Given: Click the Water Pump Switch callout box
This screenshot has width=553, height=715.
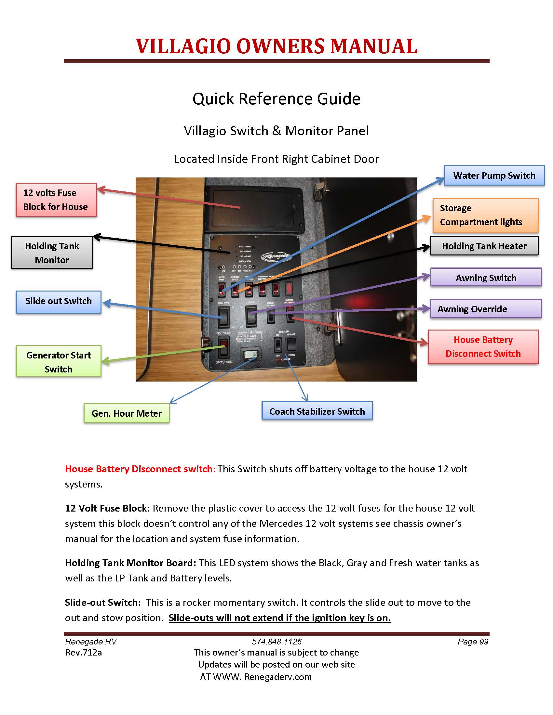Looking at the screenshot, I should (x=494, y=175).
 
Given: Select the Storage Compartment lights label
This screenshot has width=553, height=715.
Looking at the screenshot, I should (x=485, y=215).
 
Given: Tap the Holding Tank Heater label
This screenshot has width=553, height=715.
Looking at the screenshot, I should (x=484, y=246).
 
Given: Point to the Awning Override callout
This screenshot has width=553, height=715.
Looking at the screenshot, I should (x=486, y=309).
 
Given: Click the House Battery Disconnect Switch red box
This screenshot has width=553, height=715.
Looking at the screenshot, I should (x=483, y=347).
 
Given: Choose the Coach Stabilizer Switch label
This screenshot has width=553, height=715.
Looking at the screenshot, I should (x=317, y=411).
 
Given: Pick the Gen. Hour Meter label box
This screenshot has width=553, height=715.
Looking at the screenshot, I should (x=127, y=413).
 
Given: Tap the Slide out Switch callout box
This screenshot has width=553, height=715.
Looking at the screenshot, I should (x=58, y=301).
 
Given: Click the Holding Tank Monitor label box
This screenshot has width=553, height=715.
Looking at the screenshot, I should (x=52, y=253).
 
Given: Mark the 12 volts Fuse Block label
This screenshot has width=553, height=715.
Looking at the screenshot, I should (x=56, y=200).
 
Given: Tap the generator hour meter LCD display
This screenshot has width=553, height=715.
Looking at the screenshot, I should (x=250, y=355).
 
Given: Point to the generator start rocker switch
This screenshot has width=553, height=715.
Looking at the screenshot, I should (x=224, y=346).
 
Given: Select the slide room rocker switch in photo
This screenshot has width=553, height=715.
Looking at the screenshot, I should (x=223, y=316).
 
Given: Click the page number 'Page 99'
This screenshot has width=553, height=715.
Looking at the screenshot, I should (x=473, y=641).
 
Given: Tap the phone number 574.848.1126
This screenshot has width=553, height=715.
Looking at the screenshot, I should (x=276, y=641).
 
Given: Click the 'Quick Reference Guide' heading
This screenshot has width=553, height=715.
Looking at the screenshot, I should (x=276, y=98).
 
